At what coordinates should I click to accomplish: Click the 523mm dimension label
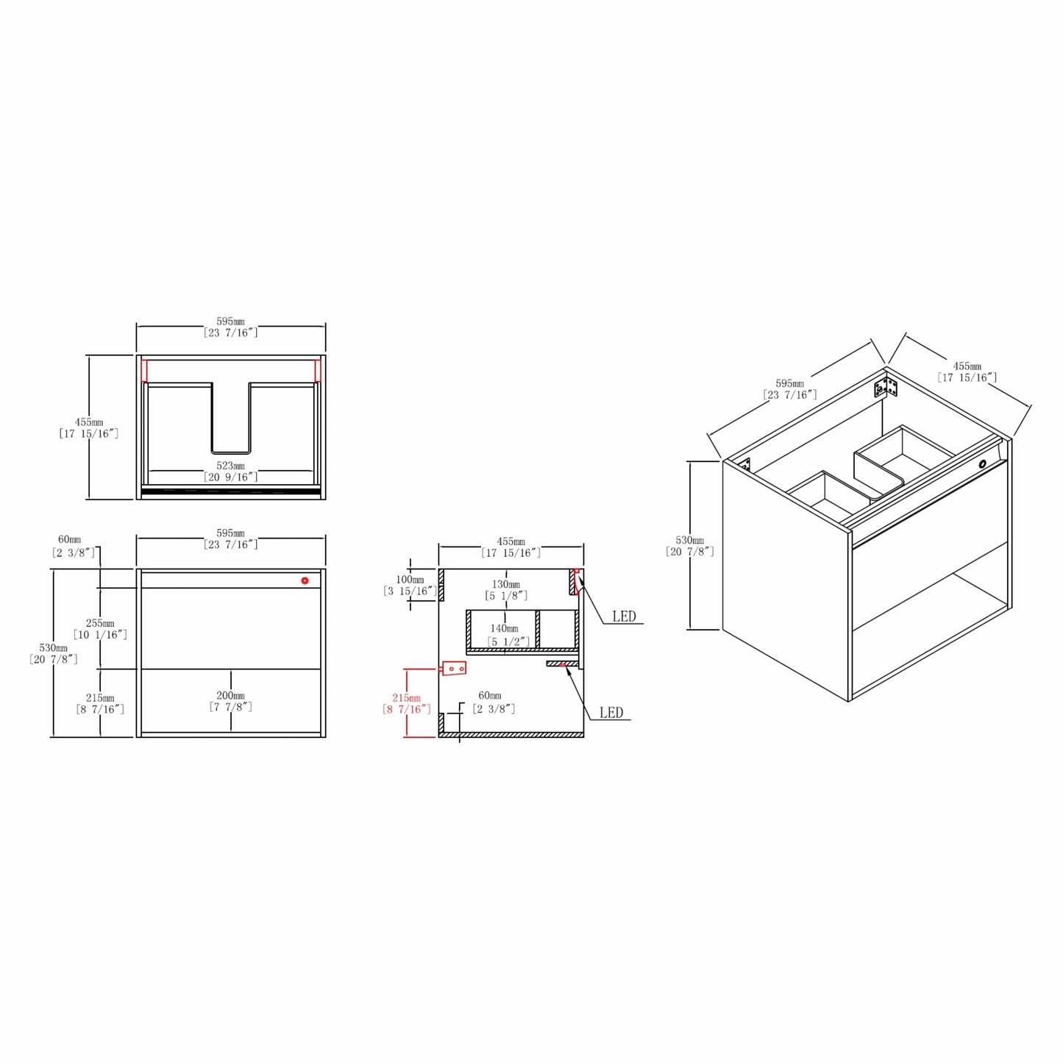click(x=230, y=466)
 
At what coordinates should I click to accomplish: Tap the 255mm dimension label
click(x=100, y=623)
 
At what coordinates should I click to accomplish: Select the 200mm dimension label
click(x=230, y=695)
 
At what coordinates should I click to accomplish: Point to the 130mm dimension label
click(x=506, y=584)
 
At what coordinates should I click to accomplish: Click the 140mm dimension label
click(x=504, y=628)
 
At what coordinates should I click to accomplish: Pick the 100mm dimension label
click(x=410, y=580)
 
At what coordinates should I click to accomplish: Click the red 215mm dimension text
click(x=406, y=698)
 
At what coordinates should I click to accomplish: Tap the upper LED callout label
click(x=624, y=616)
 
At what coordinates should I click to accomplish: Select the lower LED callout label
click(x=611, y=713)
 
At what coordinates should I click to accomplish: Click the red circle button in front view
click(x=305, y=580)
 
